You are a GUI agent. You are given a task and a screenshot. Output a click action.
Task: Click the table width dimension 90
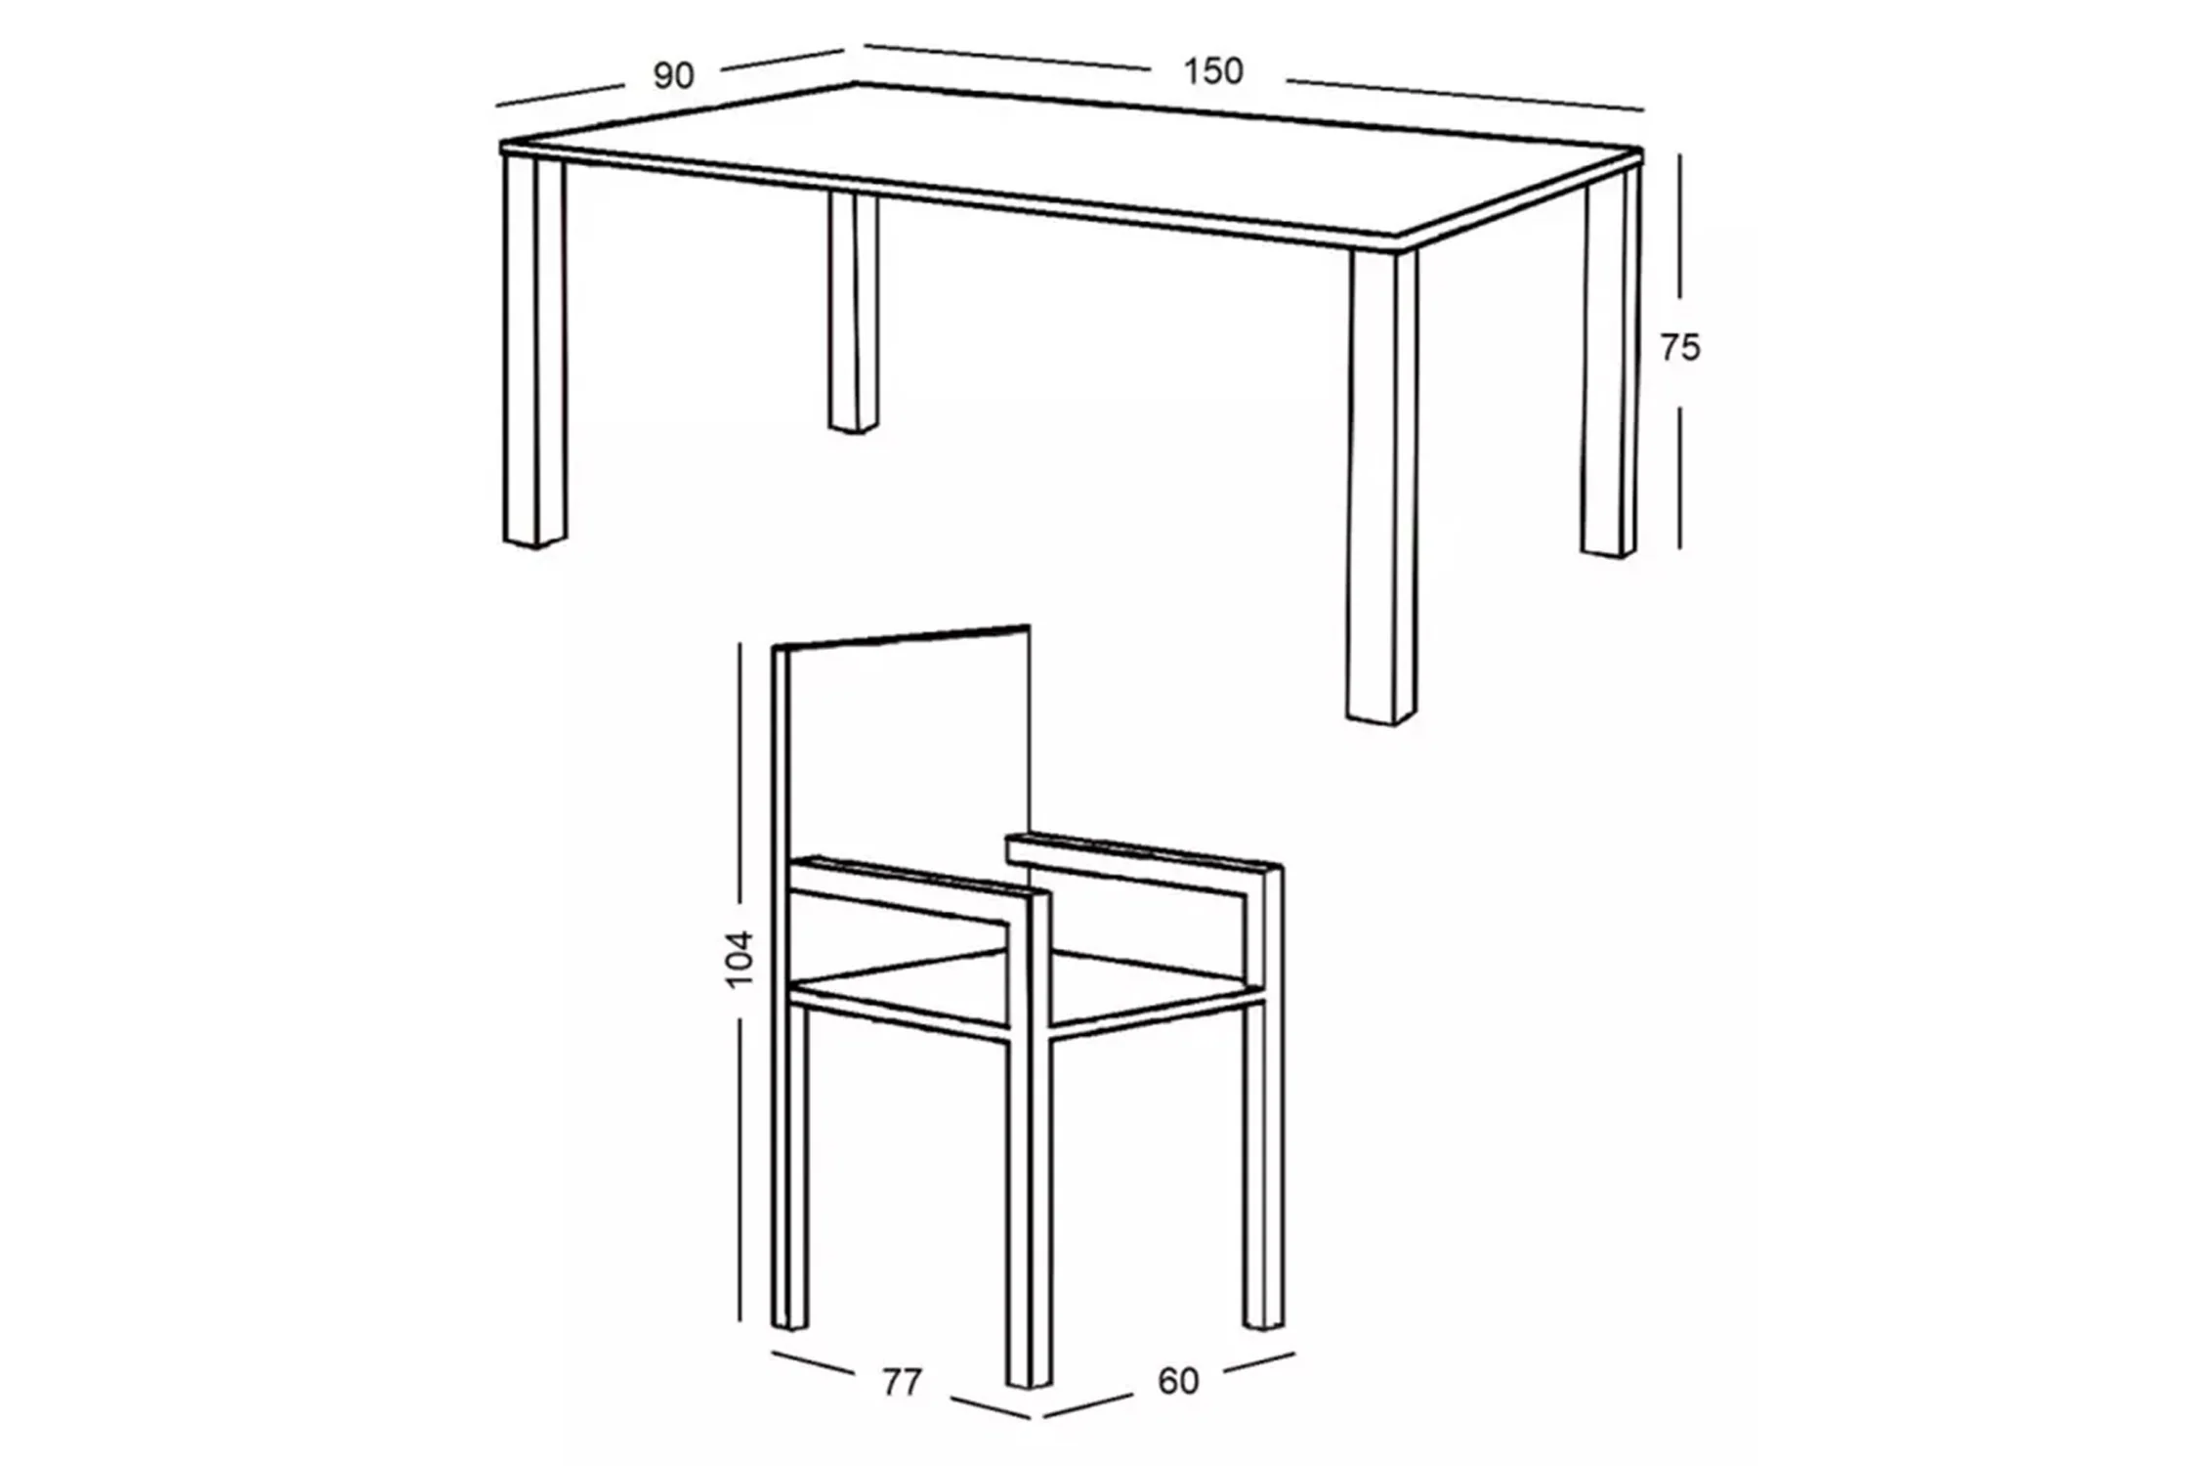tap(673, 75)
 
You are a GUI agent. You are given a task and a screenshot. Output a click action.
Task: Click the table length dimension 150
tap(1212, 71)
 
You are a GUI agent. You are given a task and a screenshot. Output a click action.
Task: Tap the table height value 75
tap(1680, 348)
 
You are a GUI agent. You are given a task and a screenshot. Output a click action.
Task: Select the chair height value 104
tap(740, 959)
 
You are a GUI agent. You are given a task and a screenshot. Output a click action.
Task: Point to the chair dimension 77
tap(901, 1382)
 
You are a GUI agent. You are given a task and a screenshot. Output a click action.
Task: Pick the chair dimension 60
tap(1178, 1380)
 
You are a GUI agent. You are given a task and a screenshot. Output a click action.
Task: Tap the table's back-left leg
tap(853, 312)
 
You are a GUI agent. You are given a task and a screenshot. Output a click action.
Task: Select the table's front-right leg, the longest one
tap(1381, 487)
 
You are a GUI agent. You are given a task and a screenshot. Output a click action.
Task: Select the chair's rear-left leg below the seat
tap(790, 1167)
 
